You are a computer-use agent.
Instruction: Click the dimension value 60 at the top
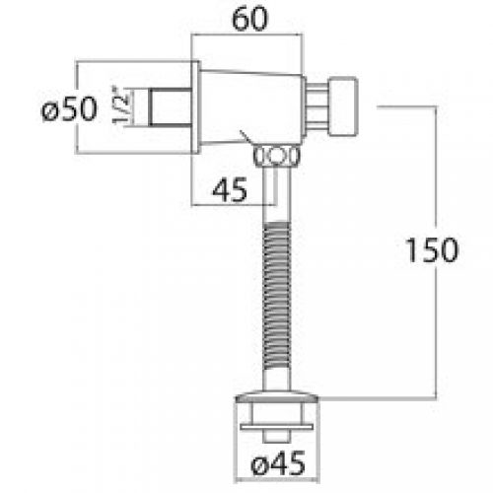tap(249, 19)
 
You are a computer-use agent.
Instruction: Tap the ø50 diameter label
tap(69, 108)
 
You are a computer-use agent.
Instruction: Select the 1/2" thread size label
tap(120, 105)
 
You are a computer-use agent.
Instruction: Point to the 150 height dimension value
tap(432, 249)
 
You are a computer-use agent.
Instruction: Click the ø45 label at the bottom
tap(278, 463)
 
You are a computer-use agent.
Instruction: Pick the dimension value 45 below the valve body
tap(230, 189)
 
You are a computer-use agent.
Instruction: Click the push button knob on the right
tap(342, 106)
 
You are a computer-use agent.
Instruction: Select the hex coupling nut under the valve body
tap(276, 155)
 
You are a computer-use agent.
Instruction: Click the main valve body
tap(251, 107)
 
